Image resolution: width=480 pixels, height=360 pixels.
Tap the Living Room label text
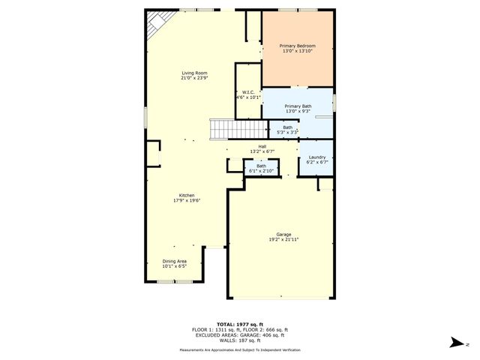tap(194, 73)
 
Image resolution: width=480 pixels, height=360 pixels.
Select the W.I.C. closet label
tap(248, 91)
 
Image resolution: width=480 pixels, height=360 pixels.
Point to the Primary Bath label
tap(298, 106)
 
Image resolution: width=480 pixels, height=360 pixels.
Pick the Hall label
tap(262, 146)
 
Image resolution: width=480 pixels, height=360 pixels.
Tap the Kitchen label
tap(187, 195)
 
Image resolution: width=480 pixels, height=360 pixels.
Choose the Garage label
tap(279, 235)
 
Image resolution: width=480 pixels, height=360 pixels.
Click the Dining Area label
tap(174, 261)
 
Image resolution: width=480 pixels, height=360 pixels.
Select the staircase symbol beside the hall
tap(218, 130)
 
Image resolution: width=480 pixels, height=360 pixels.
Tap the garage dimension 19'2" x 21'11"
tap(279, 239)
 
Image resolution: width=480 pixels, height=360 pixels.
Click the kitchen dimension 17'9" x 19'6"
tap(187, 200)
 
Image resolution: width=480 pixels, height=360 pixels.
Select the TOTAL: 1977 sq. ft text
tap(239, 323)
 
